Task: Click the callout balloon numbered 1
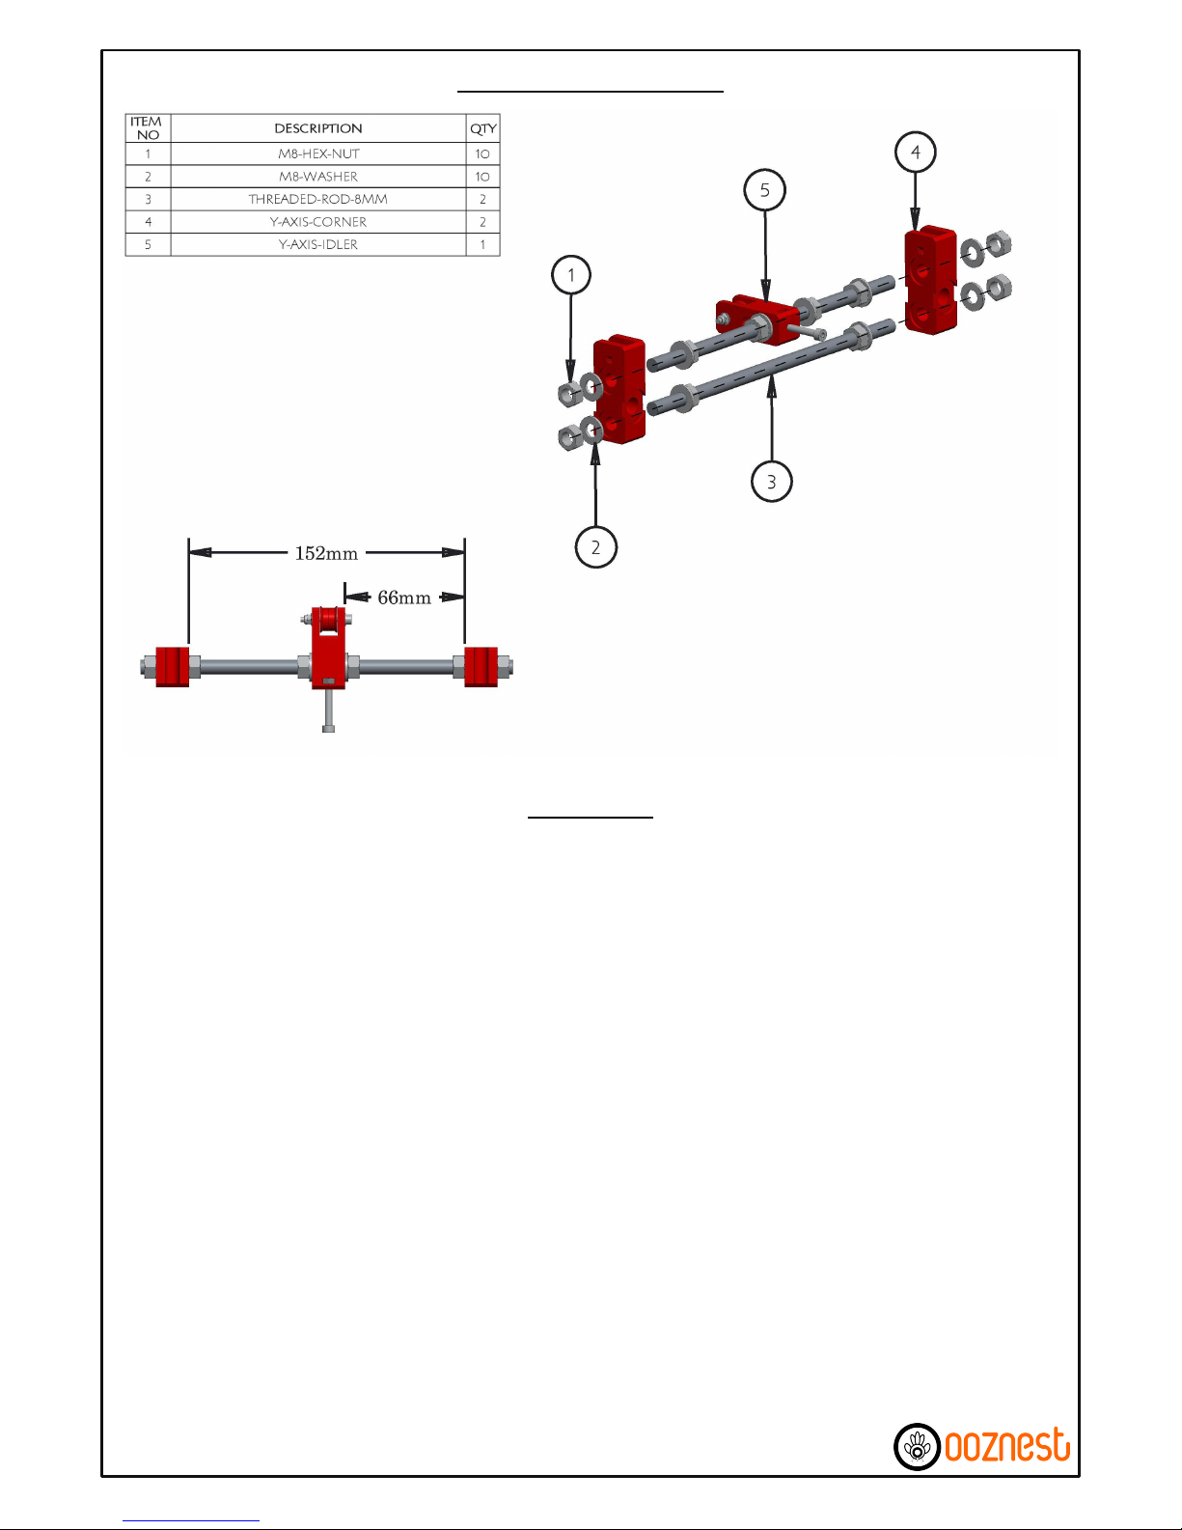tap(570, 274)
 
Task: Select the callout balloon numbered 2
tap(596, 547)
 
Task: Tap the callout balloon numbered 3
tap(771, 482)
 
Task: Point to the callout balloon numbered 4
tap(916, 152)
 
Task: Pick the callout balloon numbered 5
tap(765, 190)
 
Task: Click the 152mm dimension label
tap(326, 553)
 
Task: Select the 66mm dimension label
tap(404, 598)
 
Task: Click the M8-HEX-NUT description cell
tap(318, 153)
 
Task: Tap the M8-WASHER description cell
tap(318, 176)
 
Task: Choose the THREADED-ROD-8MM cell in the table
tap(318, 199)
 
